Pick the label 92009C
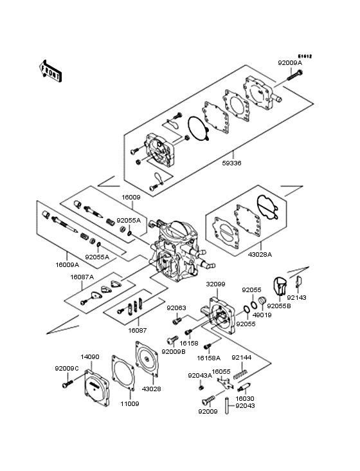pyautogui.click(x=66, y=368)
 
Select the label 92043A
pyautogui.click(x=199, y=376)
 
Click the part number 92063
pyautogui.click(x=175, y=308)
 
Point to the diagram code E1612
pyautogui.click(x=303, y=56)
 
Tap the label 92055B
pyautogui.click(x=278, y=306)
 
